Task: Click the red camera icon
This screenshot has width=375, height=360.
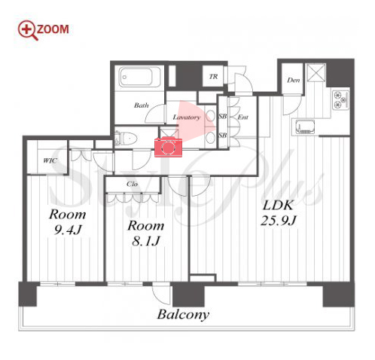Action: point(168,147)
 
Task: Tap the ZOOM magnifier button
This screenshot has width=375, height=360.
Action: point(43,30)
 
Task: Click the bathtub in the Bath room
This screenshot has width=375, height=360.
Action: point(139,77)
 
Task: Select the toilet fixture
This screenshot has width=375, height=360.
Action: point(127,138)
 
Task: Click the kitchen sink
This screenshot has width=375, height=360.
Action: point(305,127)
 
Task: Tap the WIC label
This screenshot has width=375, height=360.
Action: point(50,160)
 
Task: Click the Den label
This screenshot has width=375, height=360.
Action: point(293,81)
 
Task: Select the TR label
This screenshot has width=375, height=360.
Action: point(213,77)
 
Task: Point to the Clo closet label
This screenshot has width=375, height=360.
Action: point(132,184)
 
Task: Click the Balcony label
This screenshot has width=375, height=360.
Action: point(183,314)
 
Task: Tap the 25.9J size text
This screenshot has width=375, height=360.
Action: point(279,221)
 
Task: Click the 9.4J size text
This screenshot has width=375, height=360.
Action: point(68,230)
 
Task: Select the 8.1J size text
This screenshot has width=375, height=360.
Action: point(145,241)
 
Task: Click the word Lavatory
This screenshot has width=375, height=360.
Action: point(187,117)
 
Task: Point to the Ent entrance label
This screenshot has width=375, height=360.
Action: point(243,117)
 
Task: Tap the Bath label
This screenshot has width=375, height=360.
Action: point(142,105)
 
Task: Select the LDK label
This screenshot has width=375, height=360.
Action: point(278,206)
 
